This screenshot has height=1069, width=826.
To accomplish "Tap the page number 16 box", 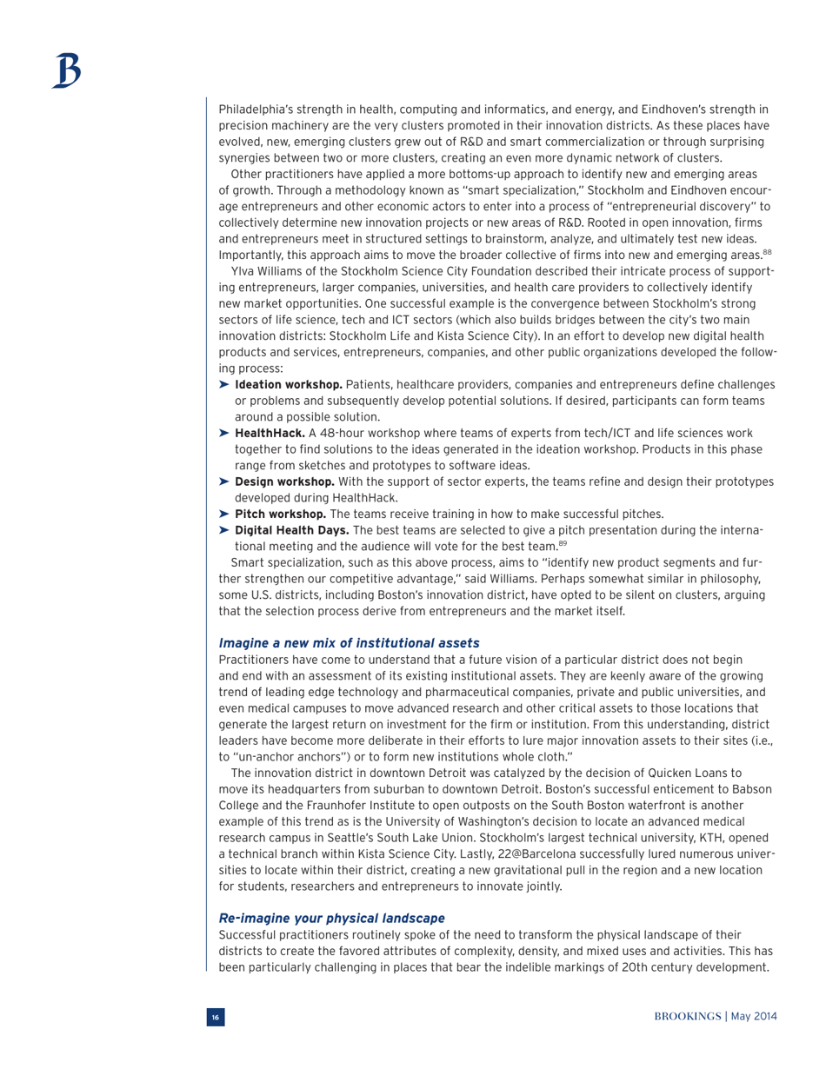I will coord(215,1016).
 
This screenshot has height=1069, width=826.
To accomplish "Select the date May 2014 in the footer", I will coord(755,1016).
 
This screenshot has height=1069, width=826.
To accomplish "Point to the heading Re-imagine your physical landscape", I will coord(331,917).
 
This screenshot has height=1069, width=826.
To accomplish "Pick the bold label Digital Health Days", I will coord(290,530).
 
